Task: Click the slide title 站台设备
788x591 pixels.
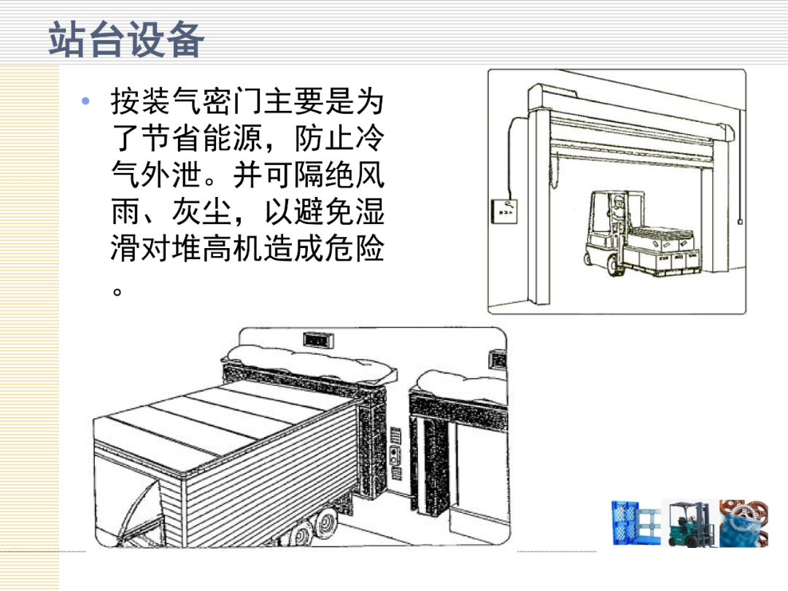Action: (x=127, y=39)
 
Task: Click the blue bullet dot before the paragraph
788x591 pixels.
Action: (x=85, y=101)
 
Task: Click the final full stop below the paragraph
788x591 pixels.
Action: (x=117, y=291)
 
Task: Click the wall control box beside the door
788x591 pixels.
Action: (x=503, y=211)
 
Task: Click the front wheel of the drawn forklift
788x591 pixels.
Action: (x=615, y=264)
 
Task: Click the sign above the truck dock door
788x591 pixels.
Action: (x=319, y=340)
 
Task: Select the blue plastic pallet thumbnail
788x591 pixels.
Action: (x=636, y=523)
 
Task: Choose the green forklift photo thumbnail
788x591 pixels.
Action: (x=689, y=523)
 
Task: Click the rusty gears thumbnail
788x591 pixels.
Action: (x=743, y=523)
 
